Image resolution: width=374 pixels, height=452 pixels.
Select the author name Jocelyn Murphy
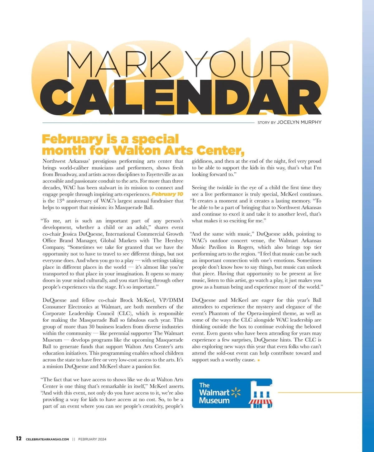point(299,122)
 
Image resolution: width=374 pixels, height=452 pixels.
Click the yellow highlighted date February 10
point(167,194)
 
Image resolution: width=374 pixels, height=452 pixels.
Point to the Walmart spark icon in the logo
point(236,393)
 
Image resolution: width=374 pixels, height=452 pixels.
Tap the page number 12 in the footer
point(19,439)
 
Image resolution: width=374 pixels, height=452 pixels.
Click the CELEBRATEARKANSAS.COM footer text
point(47,439)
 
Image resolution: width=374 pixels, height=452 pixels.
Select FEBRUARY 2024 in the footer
point(92,439)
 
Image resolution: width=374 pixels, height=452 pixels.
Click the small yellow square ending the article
point(259,360)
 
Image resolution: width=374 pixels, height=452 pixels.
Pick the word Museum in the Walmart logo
point(214,401)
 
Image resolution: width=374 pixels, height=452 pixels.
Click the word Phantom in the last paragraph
point(219,314)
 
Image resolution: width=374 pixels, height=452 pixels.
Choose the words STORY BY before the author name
point(266,123)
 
